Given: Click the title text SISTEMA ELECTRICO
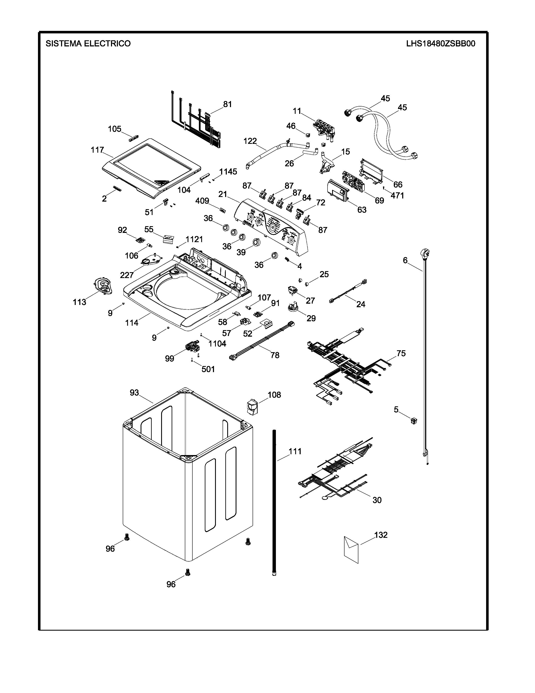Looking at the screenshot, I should [88, 43].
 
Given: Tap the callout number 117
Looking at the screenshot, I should [97, 150].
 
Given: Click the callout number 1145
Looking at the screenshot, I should [228, 172].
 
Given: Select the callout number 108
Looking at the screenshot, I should [274, 395].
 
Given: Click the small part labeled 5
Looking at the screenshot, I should [413, 421].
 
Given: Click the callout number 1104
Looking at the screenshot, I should [217, 343].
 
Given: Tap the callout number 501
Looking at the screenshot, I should [208, 369].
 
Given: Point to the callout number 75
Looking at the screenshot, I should [401, 353].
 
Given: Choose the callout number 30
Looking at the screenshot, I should [377, 500].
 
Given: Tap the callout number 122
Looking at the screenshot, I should [250, 141].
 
